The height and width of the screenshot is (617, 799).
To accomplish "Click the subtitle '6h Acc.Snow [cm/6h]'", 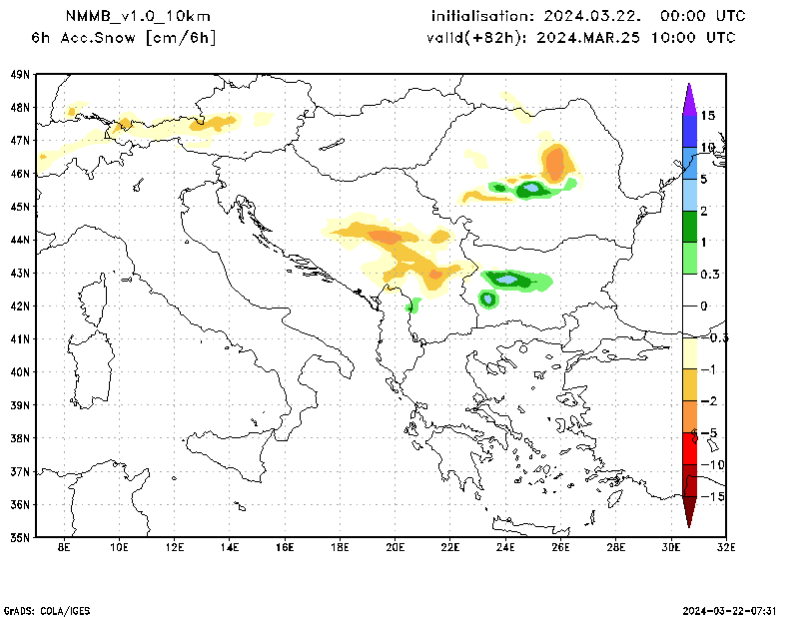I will click(x=124, y=38).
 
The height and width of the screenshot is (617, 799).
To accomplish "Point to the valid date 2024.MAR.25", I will click(x=590, y=38).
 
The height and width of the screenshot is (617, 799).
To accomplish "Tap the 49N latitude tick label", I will click(x=20, y=75).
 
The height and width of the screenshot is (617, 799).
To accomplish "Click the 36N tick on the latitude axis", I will click(x=20, y=503).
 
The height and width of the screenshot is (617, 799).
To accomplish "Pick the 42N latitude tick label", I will click(x=20, y=306).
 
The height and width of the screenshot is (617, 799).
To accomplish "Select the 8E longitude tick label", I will click(x=65, y=548).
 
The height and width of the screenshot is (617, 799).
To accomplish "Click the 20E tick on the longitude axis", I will click(x=396, y=548).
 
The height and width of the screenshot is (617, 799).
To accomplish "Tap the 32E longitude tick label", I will click(x=726, y=548).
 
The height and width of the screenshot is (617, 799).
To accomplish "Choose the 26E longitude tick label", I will click(x=560, y=548).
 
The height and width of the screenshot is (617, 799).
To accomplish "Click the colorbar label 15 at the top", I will click(x=708, y=116).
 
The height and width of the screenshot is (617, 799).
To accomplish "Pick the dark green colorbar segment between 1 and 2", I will click(x=689, y=227).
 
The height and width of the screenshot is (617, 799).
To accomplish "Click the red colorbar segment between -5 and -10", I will click(x=689, y=448).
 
